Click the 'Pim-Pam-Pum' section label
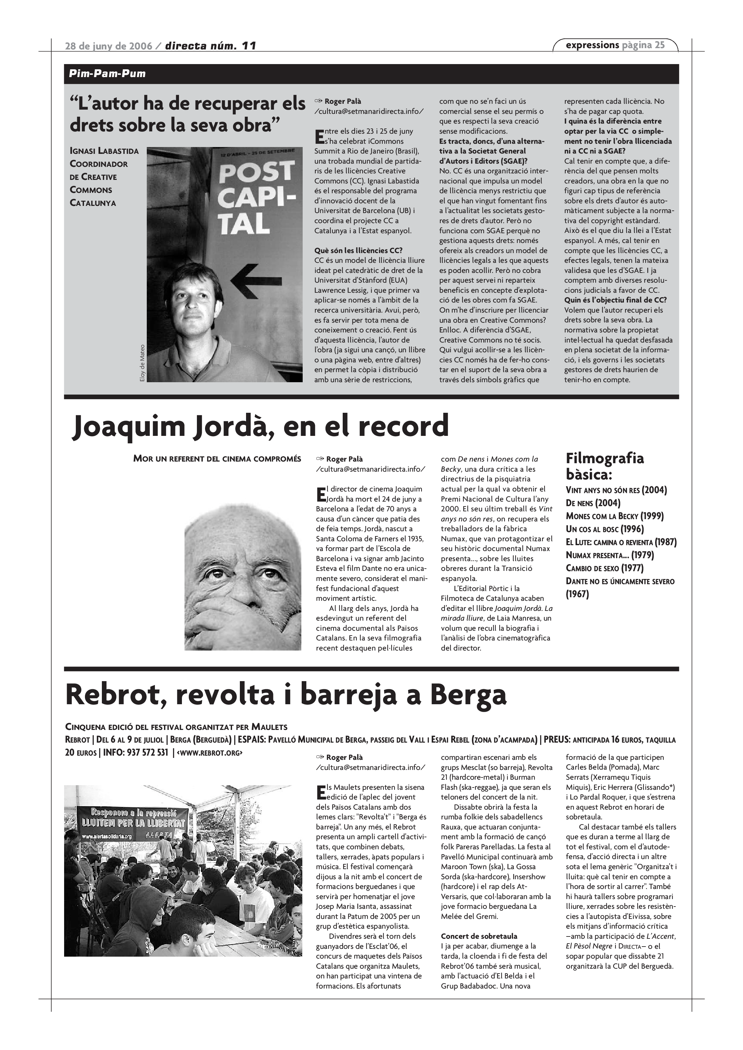pyautogui.click(x=107, y=74)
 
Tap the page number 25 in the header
pyautogui.click(x=659, y=45)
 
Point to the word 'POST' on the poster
pyautogui.click(x=256, y=173)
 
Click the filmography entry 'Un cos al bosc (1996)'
pyautogui.click(x=604, y=529)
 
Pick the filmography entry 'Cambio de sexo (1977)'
pyautogui.click(x=604, y=568)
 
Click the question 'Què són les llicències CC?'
pyautogui.click(x=358, y=250)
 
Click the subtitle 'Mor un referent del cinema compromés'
pyautogui.click(x=217, y=459)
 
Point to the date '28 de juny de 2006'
pyautogui.click(x=108, y=46)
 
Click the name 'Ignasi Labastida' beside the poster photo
pyautogui.click(x=104, y=151)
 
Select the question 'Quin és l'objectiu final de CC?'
pyautogui.click(x=615, y=300)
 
